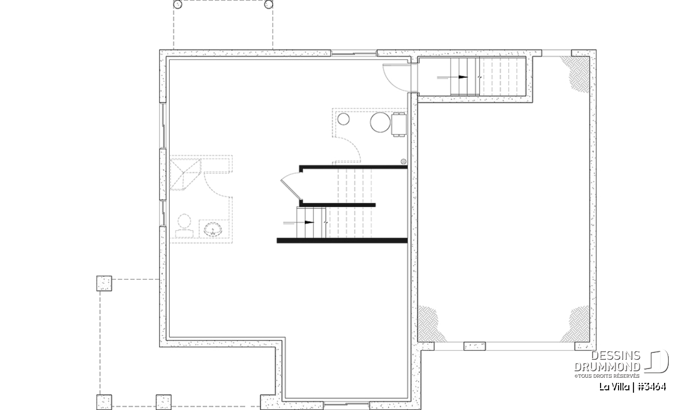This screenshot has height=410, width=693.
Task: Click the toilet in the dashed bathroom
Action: [184, 226]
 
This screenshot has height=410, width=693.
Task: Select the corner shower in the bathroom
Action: [185, 174]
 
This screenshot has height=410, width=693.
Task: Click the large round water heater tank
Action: [380, 122]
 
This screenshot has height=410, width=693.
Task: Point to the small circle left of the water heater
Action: [343, 119]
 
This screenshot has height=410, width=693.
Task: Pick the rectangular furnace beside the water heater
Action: [399, 125]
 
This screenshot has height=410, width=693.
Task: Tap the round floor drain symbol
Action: [404, 161]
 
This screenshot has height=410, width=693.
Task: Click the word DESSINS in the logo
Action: [616, 356]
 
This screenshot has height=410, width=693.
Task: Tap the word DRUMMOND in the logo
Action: [608, 367]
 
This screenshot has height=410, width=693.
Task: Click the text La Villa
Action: [614, 387]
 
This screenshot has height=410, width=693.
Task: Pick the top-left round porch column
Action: [178, 5]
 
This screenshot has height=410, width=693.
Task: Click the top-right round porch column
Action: [269, 5]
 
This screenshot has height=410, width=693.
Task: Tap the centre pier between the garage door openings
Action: [475, 346]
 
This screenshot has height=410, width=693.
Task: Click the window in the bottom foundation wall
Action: [346, 404]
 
